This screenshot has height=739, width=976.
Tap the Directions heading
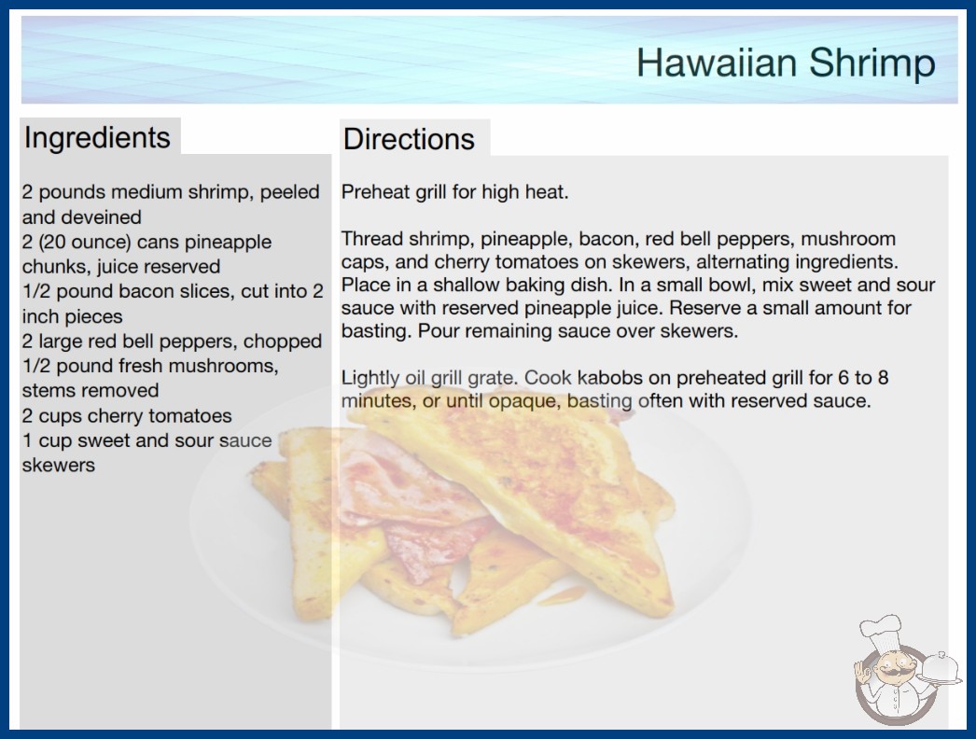(x=409, y=139)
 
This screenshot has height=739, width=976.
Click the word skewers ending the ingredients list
(x=59, y=465)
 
